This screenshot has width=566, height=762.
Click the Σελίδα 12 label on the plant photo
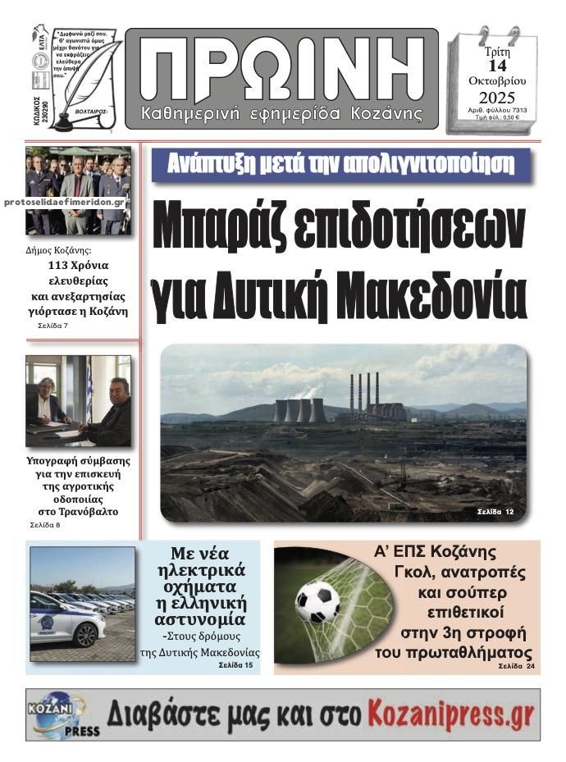coord(495,512)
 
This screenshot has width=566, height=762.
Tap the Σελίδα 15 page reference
coord(236,666)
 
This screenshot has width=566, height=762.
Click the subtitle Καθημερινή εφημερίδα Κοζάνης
coord(282,112)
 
